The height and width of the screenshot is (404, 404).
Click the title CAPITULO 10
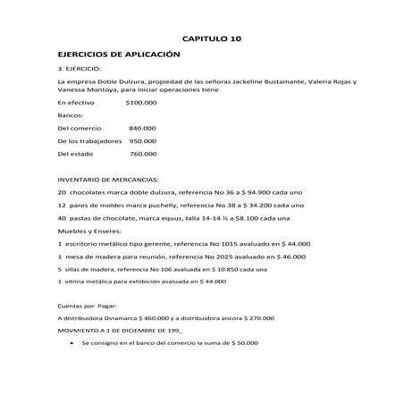[212, 39]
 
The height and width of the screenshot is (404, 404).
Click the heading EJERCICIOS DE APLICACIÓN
[109, 55]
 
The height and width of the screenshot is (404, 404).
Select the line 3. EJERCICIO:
[79, 69]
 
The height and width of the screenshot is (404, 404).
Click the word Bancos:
[70, 115]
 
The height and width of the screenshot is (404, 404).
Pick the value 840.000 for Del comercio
[143, 129]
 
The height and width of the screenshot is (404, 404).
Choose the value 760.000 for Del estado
[143, 154]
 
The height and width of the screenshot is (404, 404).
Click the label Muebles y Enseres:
[90, 231]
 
